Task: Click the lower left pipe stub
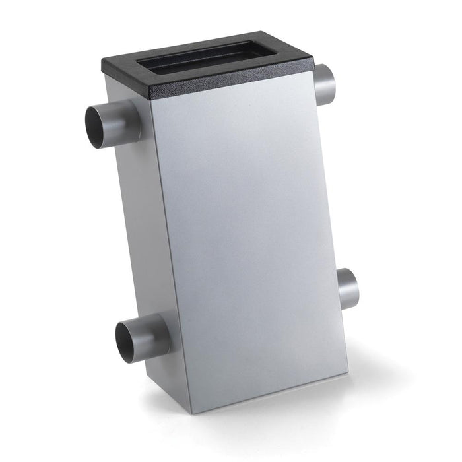tap(148, 337)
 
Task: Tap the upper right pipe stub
tap(325, 84)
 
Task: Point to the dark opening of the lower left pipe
tap(127, 341)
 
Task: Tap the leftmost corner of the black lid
tap(104, 66)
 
